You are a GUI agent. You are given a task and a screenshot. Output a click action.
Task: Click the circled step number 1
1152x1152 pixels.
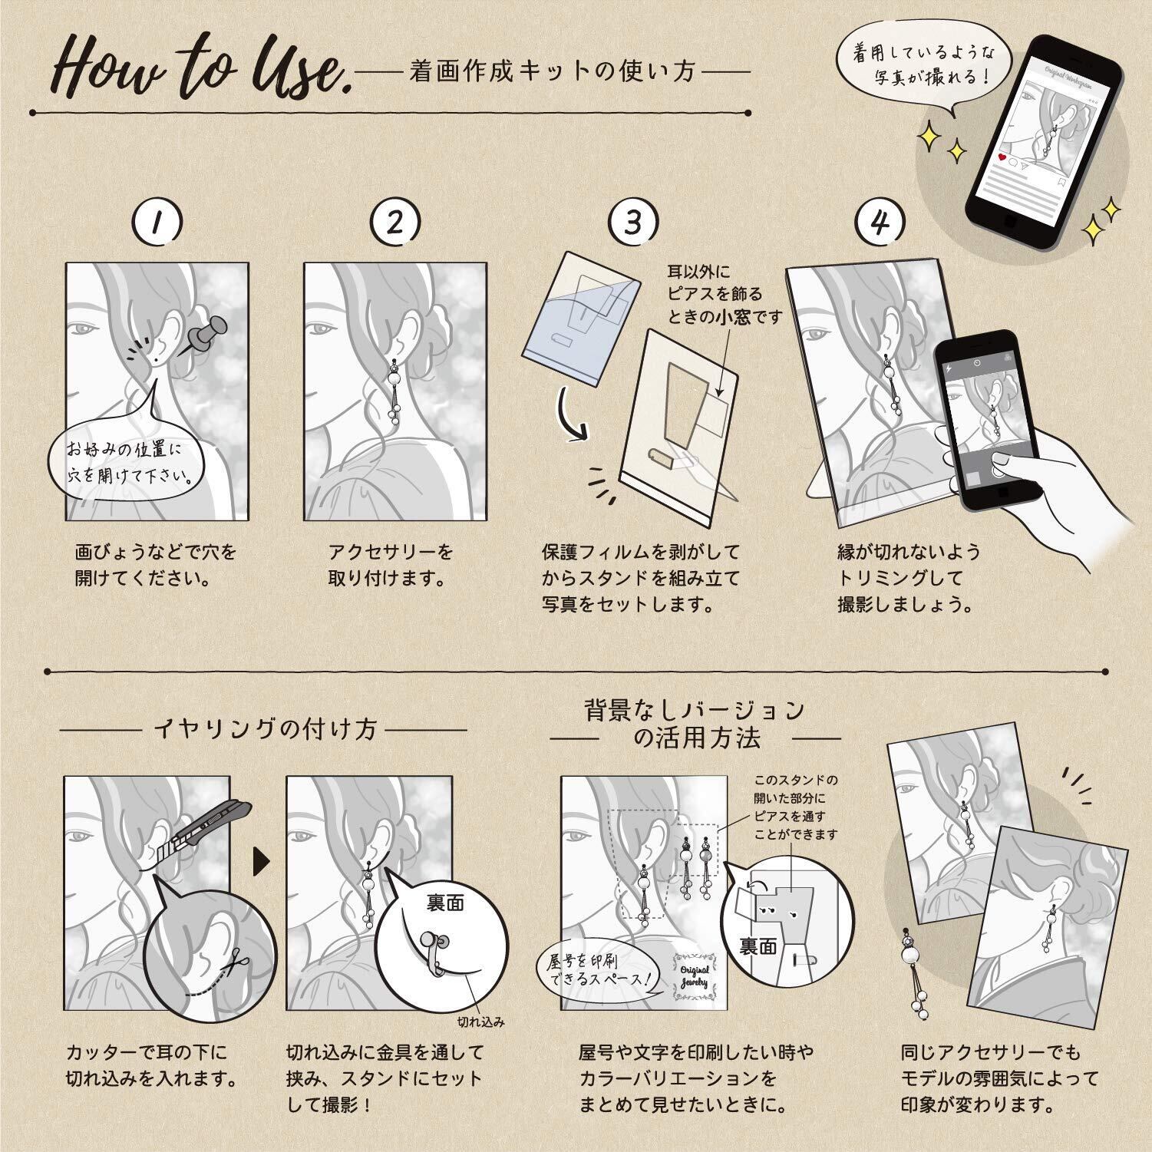[x=157, y=223]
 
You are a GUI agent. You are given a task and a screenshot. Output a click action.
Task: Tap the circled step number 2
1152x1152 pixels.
[x=395, y=223]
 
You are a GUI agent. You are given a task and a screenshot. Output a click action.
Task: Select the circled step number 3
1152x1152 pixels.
[x=632, y=223]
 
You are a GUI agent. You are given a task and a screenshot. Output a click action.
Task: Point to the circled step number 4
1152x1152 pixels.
[x=880, y=223]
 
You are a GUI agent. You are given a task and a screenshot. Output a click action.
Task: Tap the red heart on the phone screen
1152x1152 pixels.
[x=1002, y=157]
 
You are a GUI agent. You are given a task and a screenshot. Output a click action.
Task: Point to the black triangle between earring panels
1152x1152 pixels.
[x=262, y=861]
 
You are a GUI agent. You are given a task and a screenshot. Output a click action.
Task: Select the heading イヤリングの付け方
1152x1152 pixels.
[x=266, y=728]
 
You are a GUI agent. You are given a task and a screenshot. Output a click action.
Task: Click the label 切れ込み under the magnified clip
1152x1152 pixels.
[x=480, y=1022]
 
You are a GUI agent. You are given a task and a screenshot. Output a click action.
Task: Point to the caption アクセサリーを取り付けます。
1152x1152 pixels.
[x=391, y=564]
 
